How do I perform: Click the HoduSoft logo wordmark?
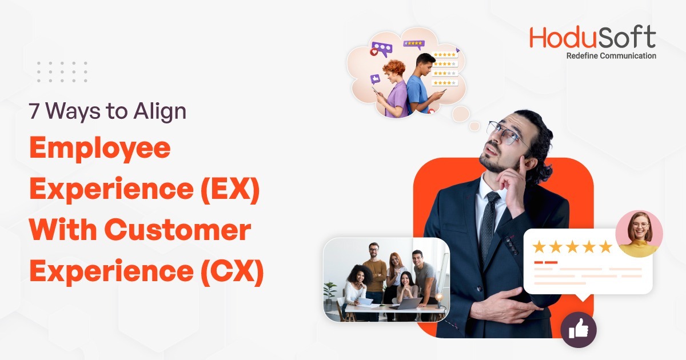592,38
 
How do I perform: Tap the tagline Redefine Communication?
611,56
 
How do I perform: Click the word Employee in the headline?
100,150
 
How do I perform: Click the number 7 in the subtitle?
34,111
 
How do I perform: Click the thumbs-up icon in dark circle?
578,329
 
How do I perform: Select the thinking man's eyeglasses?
506,133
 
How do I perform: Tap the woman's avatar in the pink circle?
639,233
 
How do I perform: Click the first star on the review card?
539,247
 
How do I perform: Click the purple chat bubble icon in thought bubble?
381,49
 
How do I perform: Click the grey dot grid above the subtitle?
62,72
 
